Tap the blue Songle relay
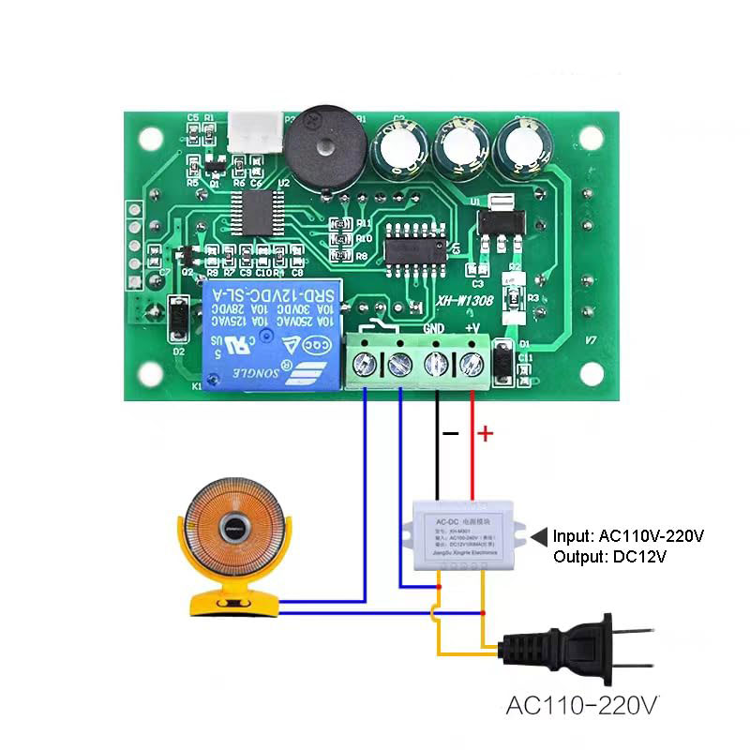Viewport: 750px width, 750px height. pyautogui.click(x=268, y=334)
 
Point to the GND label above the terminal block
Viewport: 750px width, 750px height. pyautogui.click(x=434, y=328)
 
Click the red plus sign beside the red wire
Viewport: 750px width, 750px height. pyautogui.click(x=485, y=433)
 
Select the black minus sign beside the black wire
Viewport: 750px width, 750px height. pyautogui.click(x=450, y=433)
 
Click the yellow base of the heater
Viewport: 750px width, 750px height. pyautogui.click(x=233, y=603)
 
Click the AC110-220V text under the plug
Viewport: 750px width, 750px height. pyautogui.click(x=583, y=705)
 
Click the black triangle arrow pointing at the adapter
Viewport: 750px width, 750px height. pyautogui.click(x=540, y=536)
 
